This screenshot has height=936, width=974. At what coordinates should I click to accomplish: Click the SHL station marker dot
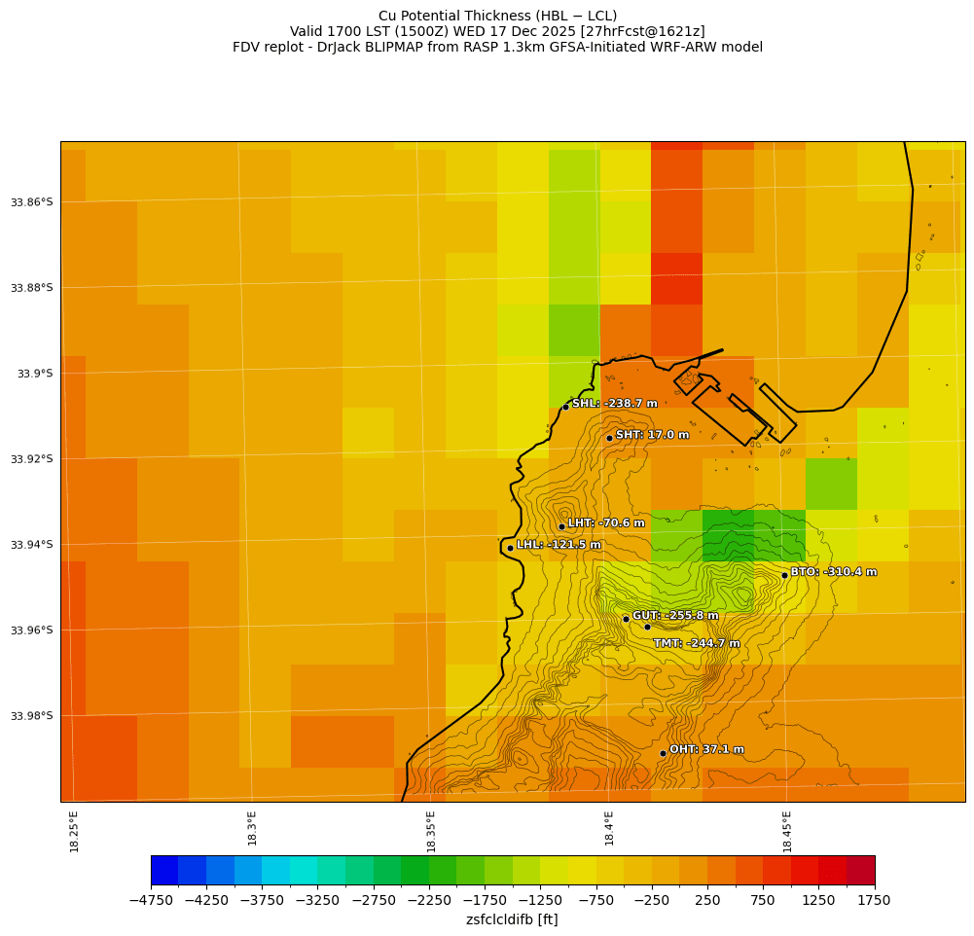click(x=565, y=407)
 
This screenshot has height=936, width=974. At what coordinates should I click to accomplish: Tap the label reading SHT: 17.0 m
click(x=652, y=435)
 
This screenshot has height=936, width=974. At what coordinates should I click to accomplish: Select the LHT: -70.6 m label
click(x=606, y=523)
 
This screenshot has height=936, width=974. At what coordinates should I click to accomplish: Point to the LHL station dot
click(x=510, y=548)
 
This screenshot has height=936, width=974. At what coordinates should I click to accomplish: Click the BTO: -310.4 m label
click(x=833, y=572)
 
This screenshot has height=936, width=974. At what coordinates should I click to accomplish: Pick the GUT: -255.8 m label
click(x=675, y=616)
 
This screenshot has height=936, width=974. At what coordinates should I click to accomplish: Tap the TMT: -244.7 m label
click(x=697, y=643)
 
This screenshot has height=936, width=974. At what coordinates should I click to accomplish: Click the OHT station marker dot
click(x=663, y=753)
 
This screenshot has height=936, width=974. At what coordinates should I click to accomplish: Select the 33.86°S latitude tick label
click(x=32, y=202)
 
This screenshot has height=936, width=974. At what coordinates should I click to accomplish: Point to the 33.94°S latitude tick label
click(x=32, y=545)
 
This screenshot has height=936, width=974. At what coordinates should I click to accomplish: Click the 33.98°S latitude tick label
click(x=32, y=716)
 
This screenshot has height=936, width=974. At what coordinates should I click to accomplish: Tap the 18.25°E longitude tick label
click(x=75, y=831)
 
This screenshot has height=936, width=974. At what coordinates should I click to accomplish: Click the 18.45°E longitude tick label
click(x=787, y=831)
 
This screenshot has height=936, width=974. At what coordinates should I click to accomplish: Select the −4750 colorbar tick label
click(x=151, y=900)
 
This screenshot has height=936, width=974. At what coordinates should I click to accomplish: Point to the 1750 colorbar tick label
click(x=875, y=900)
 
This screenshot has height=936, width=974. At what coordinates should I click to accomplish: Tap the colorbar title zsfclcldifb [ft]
click(x=512, y=919)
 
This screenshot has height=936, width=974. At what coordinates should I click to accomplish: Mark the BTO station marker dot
click(x=784, y=575)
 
